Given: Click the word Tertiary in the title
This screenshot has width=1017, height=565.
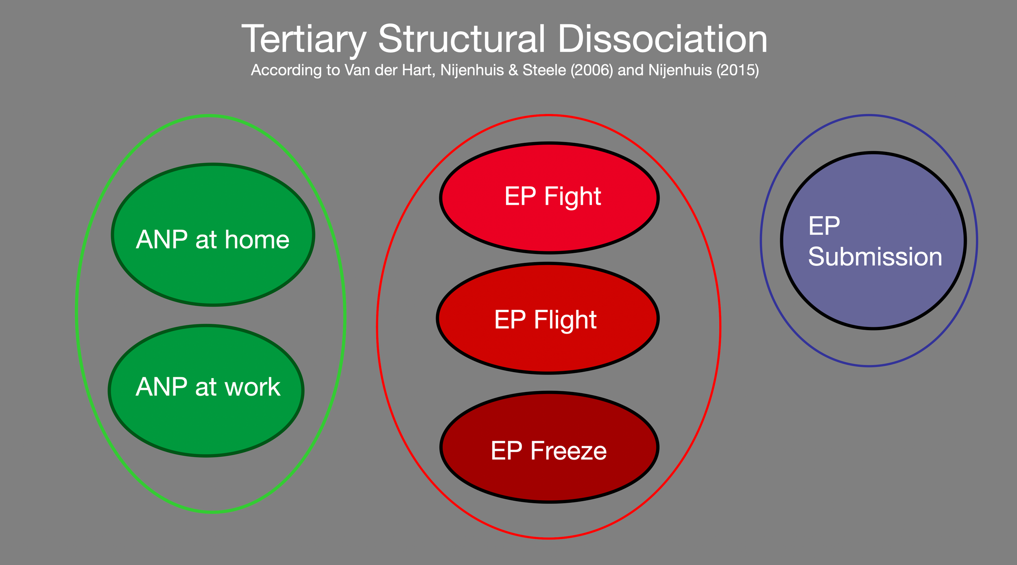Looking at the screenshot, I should coord(303,39).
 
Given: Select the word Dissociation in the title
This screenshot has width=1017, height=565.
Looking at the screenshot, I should coord(662,39).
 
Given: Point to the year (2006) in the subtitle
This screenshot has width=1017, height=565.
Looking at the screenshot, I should coord(591,70).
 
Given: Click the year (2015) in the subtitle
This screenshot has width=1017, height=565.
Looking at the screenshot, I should coord(738,70).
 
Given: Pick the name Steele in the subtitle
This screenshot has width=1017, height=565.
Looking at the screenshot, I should coord(544,70).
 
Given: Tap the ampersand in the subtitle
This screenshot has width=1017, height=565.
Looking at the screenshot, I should coord(513,70).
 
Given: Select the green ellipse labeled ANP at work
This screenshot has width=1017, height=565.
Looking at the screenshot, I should coord(206,423).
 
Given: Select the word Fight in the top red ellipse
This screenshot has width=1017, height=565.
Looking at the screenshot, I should coord(572,197).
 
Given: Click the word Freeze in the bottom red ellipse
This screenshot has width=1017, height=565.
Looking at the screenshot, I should coord(568,451).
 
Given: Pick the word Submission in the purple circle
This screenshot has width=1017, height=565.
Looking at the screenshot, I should coord(875,257).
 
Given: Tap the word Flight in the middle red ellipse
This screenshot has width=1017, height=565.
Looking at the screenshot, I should coord(565,320).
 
